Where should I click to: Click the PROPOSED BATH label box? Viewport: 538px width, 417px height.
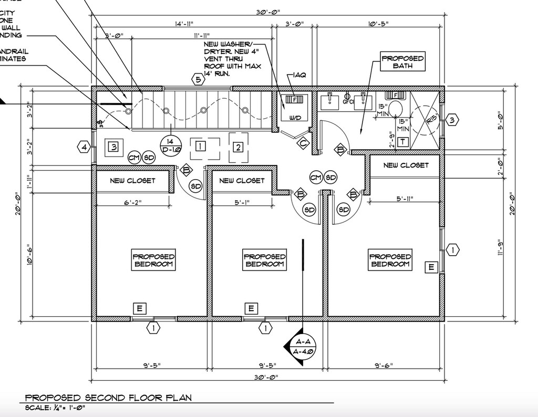[x=402, y=62]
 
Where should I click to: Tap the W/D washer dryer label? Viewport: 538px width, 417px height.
[x=295, y=118]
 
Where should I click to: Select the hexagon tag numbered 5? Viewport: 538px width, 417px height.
[x=198, y=80]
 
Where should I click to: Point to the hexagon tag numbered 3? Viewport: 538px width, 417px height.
[x=452, y=120]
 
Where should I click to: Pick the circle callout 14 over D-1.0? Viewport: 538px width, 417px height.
[x=170, y=145]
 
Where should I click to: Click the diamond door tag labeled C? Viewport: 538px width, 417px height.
[x=302, y=142]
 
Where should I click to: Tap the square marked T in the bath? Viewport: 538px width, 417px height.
[x=402, y=142]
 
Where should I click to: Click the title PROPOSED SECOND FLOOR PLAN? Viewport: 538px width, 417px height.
[x=109, y=398]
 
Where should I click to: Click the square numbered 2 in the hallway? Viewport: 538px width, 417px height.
[x=238, y=147]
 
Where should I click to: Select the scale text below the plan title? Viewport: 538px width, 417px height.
[x=55, y=408]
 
